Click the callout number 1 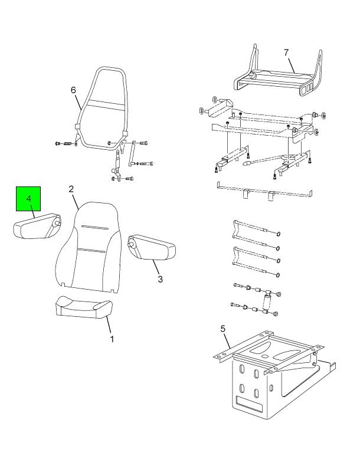point(112,339)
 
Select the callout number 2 point(71,189)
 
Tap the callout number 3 point(160,279)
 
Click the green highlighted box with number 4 point(28,199)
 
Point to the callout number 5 point(223,329)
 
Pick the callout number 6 point(73,90)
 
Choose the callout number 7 point(286,53)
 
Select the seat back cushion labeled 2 point(88,248)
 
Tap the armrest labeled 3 point(152,247)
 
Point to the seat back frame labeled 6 point(101,108)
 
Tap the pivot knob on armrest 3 point(131,245)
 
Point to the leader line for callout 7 point(292,65)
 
